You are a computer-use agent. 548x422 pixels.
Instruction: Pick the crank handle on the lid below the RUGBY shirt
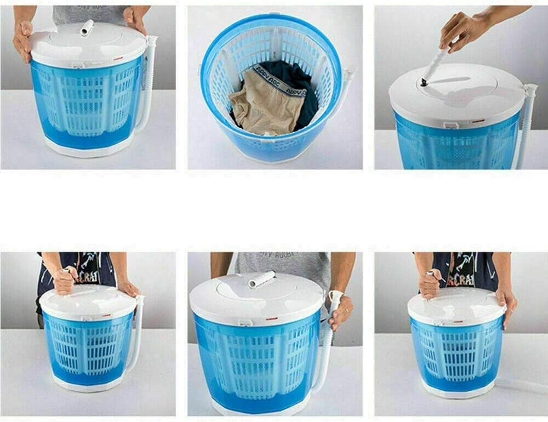pyautogui.click(x=262, y=279)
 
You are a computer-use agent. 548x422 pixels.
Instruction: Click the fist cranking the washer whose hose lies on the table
pyautogui.click(x=430, y=283)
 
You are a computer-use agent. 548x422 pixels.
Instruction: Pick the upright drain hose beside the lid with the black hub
pyautogui.click(x=527, y=126)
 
